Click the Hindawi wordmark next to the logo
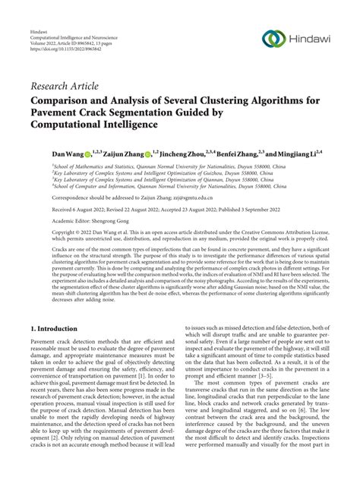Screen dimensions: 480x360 pyautogui.click(x=308, y=38)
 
